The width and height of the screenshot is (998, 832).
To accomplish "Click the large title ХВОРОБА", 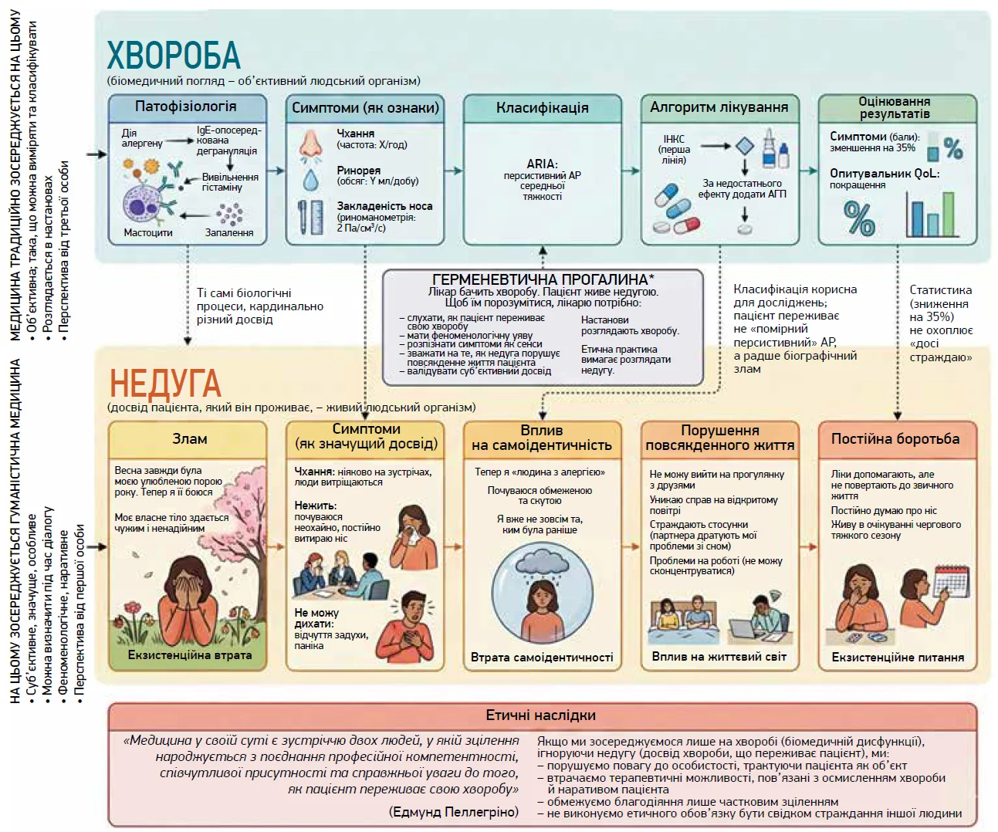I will pos(174,55).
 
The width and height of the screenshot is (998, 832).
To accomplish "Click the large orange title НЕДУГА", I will pos(165,383).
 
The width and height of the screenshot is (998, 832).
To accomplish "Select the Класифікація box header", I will pos(542,108).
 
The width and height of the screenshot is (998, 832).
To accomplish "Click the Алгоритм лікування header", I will pos(719,107).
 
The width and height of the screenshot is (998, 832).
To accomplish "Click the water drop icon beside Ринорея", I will pos(310,179).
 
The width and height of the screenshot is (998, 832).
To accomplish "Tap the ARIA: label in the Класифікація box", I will pos(542,164).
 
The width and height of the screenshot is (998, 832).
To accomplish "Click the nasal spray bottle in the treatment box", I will pos(770,148).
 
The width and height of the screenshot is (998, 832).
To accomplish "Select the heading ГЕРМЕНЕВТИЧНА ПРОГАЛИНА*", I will pos(543,279).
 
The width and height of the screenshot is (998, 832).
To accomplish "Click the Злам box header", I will pos(189,439).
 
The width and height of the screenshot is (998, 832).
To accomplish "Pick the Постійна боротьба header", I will pos(895,439).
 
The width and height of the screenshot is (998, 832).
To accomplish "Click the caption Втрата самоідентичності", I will pos(542,658).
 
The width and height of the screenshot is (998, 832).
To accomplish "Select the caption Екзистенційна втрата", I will pos(190,655).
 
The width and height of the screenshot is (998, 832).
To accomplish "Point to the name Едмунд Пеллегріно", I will pos(454,811).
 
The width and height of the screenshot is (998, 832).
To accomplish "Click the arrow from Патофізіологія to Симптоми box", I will pos(276,171).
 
